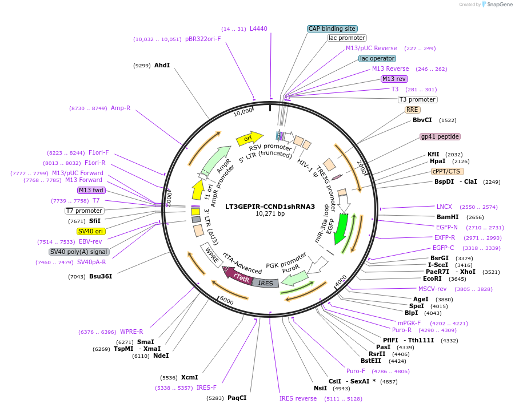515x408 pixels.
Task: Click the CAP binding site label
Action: [x=332, y=29]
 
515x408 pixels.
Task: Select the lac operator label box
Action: [x=377, y=58]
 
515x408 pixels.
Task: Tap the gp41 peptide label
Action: [x=440, y=137]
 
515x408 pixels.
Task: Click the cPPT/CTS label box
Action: [x=448, y=171]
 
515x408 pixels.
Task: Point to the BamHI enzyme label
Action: [x=448, y=217]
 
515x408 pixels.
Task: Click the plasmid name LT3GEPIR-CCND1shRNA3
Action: [x=270, y=207]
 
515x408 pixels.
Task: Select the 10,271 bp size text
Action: [x=270, y=214]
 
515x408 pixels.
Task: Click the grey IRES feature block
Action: [x=266, y=283]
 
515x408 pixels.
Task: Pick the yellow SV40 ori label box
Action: [x=91, y=231]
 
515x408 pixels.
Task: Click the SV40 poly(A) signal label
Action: [x=79, y=252]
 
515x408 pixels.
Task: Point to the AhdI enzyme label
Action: [x=162, y=66]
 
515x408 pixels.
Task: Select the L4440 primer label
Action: [x=258, y=29]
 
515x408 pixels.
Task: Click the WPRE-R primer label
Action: [x=131, y=332]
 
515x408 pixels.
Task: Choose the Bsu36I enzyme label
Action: [x=101, y=277]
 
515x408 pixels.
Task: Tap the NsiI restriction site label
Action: [x=320, y=388]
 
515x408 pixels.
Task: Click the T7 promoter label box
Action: [x=84, y=211]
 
